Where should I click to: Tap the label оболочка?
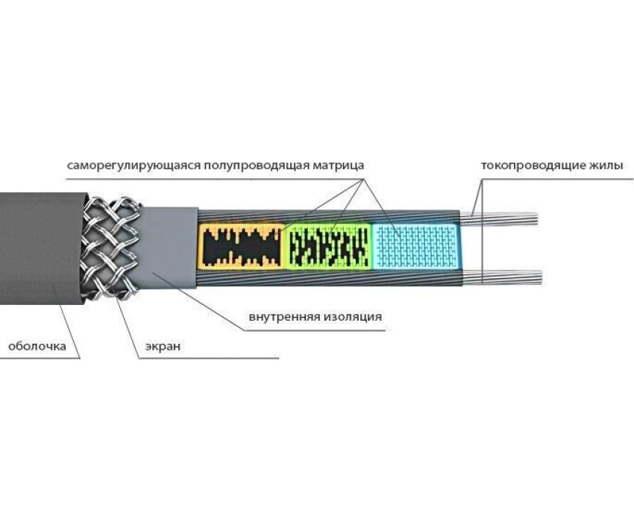tap(37, 346)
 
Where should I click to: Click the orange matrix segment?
tap(242, 245)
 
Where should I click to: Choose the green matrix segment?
tap(329, 245)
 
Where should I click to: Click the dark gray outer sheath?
tap(37, 246)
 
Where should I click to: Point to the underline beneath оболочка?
tap(37, 358)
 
